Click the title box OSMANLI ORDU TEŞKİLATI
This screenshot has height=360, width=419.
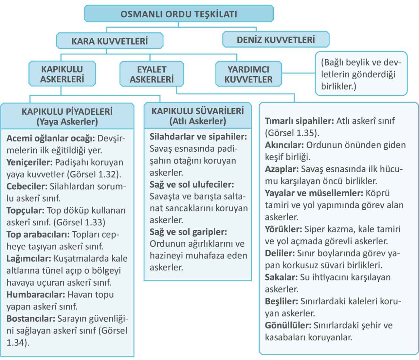point(179,14)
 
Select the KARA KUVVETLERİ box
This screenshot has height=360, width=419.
point(110,41)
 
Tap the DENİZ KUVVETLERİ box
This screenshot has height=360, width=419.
point(276,40)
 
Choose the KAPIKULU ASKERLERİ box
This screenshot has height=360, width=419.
point(62,74)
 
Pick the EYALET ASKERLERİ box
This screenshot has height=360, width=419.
point(152,74)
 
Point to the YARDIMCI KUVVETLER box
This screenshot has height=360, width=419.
point(248,74)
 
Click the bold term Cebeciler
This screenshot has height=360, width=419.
point(27,186)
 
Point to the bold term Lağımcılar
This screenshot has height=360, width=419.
point(29,258)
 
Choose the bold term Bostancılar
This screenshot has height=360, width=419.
point(31,318)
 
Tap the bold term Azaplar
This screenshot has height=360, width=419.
point(282,169)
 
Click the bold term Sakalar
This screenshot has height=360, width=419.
point(281,277)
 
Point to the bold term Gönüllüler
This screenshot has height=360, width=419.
point(288,325)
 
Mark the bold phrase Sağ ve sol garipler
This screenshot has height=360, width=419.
point(188,232)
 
